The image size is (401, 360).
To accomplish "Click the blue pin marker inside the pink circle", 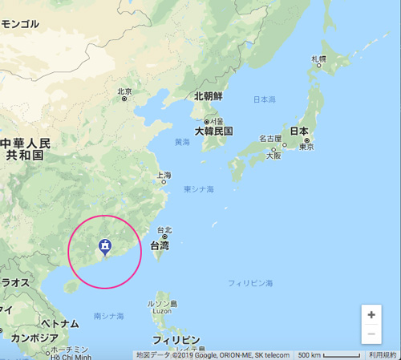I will (x=104, y=247).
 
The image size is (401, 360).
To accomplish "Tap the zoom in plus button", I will (x=371, y=315).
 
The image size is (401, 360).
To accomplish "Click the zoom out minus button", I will (x=371, y=334).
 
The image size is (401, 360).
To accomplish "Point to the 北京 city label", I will (x=124, y=91).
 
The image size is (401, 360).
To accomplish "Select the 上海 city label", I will (x=163, y=175).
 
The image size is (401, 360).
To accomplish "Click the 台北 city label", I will (x=164, y=229).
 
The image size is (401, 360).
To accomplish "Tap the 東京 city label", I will (x=306, y=147).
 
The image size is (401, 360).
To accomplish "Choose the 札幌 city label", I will (x=319, y=59).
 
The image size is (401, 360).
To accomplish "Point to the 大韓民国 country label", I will (x=213, y=131).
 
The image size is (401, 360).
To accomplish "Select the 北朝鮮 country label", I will (x=208, y=96).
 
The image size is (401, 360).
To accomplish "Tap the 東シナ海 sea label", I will (x=199, y=189).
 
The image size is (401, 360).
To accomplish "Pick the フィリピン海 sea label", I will (x=250, y=284).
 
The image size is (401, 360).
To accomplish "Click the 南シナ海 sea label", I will (x=108, y=317).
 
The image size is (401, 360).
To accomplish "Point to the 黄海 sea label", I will (x=182, y=142).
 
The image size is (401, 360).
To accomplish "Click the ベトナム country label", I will (x=60, y=324).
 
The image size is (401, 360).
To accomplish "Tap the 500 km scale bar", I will (x=329, y=354).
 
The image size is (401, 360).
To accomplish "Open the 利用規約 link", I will (x=383, y=354).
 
